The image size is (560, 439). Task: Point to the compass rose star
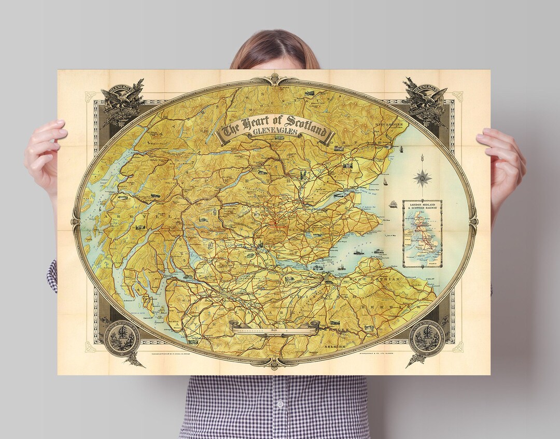pyautogui.click(x=422, y=178)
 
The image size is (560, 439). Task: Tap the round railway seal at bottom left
pyautogui.click(x=122, y=339)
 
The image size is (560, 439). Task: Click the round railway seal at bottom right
pyautogui.click(x=427, y=340)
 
